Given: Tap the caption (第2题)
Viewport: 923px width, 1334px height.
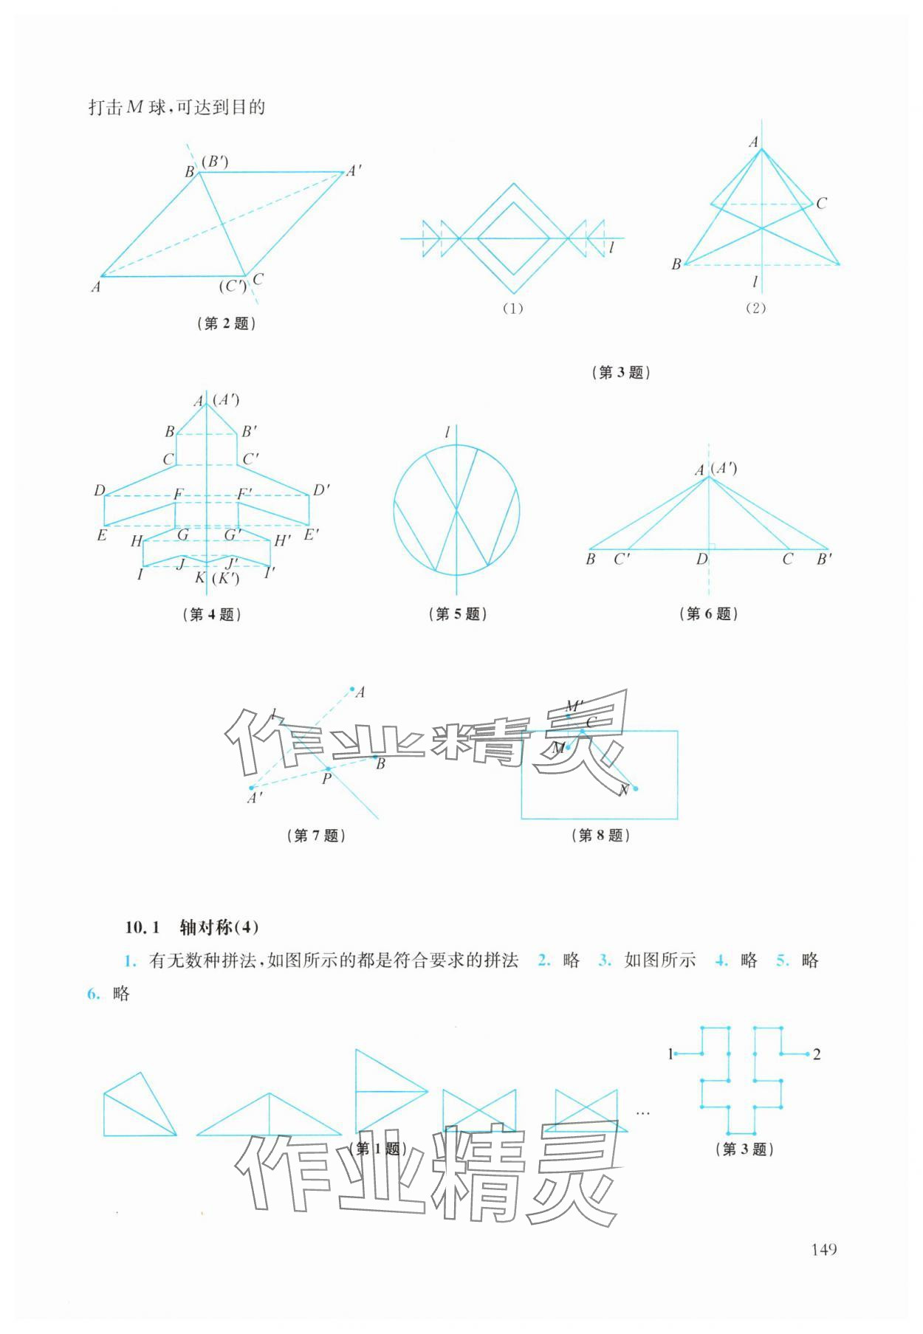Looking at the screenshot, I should coord(227,323).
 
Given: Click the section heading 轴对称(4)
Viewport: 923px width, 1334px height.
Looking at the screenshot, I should coord(219,927).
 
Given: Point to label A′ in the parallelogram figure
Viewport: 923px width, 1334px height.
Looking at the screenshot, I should coord(354,171).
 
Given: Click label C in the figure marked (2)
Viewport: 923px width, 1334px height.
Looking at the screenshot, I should coord(822,203).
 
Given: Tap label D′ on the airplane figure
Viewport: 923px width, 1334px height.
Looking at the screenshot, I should coord(321,490).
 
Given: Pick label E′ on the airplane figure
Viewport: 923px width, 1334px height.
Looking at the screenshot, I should coord(311,534).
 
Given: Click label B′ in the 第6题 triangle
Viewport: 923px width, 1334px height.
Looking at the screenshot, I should coord(824,560).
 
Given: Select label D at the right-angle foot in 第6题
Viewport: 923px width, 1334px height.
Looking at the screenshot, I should coord(701,560).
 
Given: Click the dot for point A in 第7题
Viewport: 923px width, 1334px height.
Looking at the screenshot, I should coord(352,689).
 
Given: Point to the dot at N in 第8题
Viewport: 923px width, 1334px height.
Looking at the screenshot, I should coord(636,788).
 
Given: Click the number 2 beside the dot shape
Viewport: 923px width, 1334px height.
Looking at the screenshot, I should coord(817,1054).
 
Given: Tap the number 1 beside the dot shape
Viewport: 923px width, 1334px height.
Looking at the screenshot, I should coord(670,1054).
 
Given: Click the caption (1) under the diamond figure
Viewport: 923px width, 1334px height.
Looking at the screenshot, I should coord(512,308).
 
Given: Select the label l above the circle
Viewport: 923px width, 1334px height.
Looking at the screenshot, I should coord(447,433).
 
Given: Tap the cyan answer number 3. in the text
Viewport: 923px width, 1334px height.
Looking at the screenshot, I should coord(605,960).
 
